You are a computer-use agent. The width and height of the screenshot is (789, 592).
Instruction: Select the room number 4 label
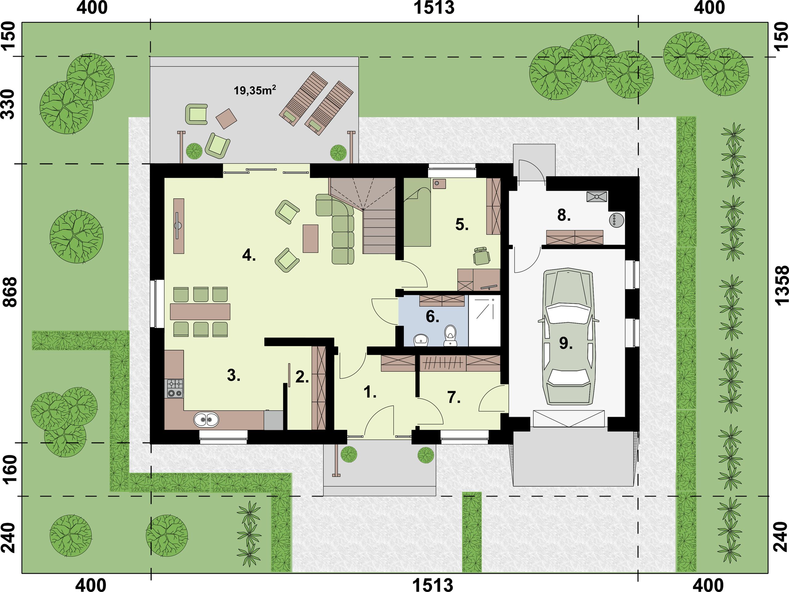point(249,255)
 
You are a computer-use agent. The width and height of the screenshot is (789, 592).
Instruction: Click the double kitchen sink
point(206,419)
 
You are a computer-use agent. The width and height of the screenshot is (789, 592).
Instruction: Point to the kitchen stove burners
point(175,388)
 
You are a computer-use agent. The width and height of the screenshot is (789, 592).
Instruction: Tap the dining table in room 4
point(200,312)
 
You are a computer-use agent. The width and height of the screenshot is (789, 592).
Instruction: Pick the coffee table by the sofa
point(310,238)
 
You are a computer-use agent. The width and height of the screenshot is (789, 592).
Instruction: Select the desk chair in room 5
point(482,256)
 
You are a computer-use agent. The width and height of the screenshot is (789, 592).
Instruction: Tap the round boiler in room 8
point(617,219)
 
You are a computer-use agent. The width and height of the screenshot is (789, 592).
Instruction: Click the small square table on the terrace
point(226,118)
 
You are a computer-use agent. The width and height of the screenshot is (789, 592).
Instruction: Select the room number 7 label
point(454,397)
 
